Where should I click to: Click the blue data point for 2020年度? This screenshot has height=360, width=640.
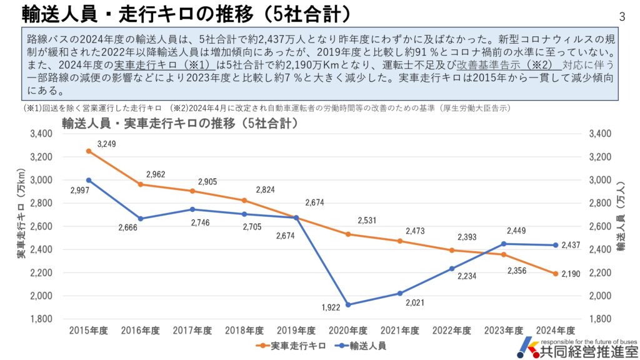(348, 305)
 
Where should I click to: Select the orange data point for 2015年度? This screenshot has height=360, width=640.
(89, 151)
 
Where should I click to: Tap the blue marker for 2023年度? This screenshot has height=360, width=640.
(503, 244)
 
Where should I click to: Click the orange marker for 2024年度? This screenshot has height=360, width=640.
(555, 274)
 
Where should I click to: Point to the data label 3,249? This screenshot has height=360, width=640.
(106, 144)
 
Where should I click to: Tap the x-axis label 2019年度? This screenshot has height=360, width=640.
(296, 331)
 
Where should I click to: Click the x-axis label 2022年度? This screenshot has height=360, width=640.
(452, 331)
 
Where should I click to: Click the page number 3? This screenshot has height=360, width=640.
(622, 16)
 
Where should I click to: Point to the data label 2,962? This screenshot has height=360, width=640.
(156, 174)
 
